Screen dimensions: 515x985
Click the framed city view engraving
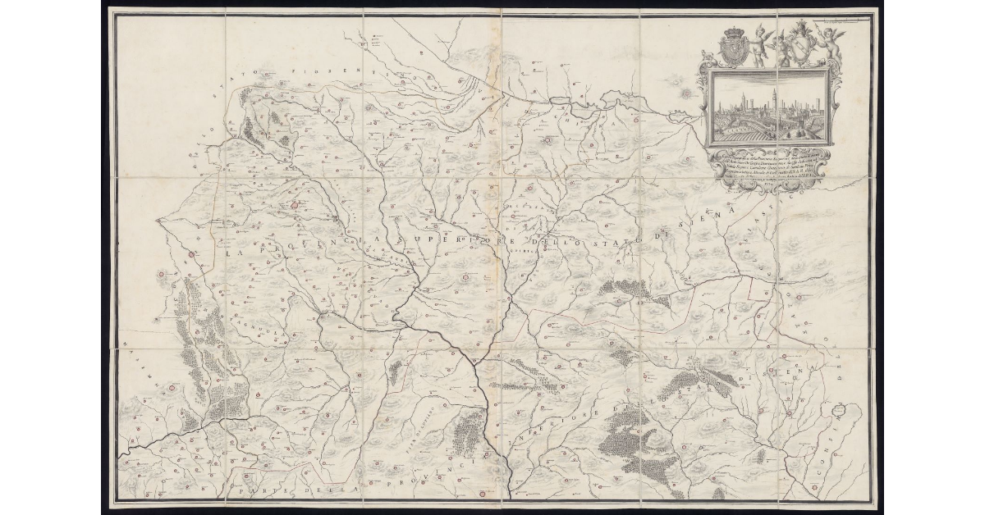(x=769, y=107)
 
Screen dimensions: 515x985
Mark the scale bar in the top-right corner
(x=845, y=24)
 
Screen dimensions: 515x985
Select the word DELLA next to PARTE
(x=345, y=490)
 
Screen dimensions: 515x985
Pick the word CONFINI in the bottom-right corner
(x=845, y=459)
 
